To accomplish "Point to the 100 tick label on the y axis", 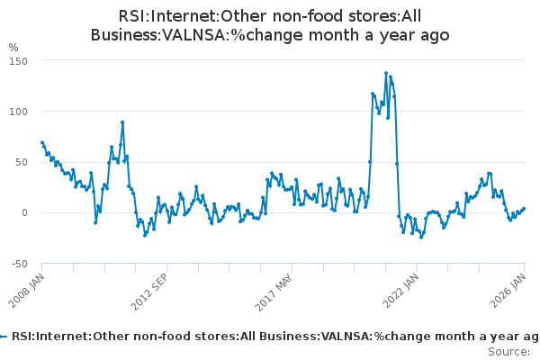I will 20,112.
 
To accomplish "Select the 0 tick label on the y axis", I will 25,212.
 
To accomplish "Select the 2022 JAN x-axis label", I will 398,290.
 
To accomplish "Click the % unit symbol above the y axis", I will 13,47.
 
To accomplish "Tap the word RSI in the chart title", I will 134,16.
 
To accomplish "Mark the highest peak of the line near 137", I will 386,74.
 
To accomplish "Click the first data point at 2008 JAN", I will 42,142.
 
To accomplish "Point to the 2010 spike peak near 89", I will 122,122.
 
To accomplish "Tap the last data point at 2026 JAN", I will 524,209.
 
